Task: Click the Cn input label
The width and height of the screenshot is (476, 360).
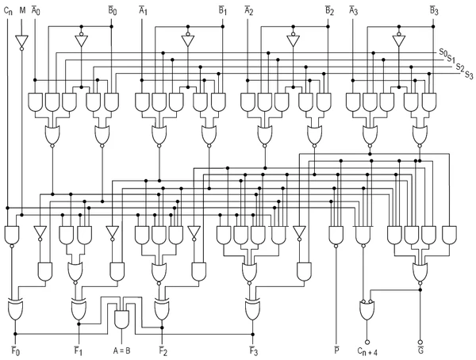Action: [x=8, y=11]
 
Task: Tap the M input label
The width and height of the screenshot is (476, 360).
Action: [x=21, y=11]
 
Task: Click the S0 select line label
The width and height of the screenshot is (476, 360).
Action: [x=443, y=52]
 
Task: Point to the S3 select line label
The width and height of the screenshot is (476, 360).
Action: [x=469, y=75]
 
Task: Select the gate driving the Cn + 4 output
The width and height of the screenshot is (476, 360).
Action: [x=367, y=311]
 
